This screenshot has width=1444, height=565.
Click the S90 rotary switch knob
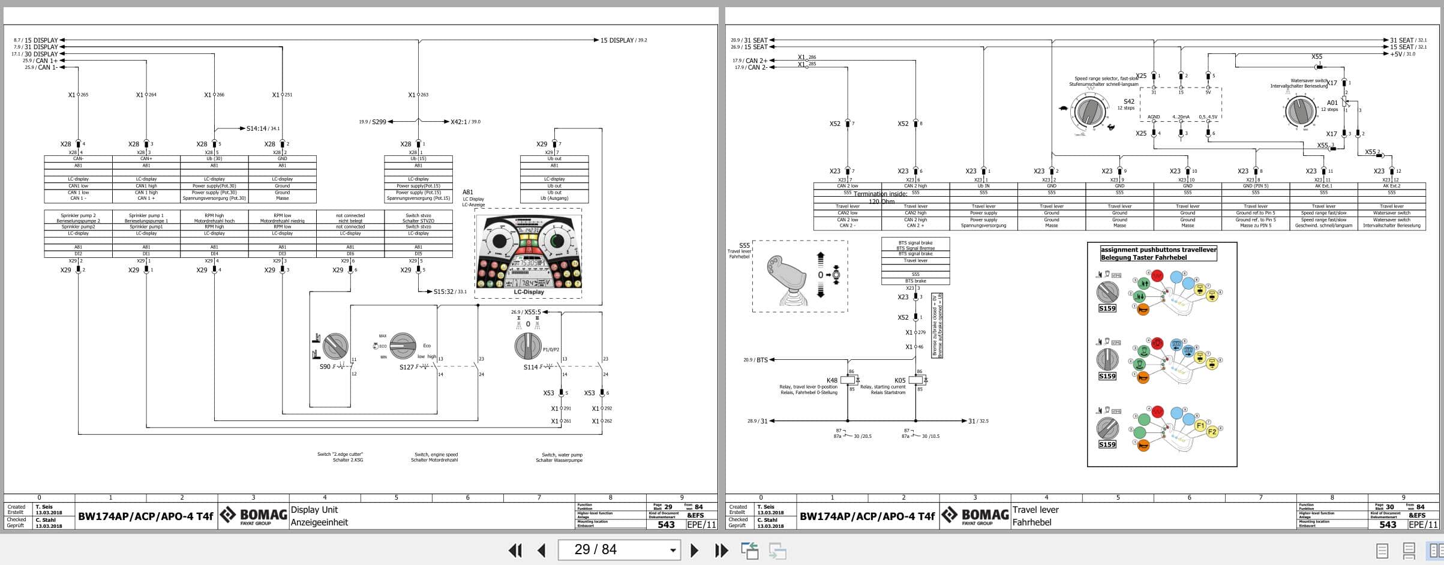tap(335, 346)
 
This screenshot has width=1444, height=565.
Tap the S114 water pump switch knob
tap(528, 346)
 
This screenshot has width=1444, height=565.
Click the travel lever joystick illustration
tap(786, 277)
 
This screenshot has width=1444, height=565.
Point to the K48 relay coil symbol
tap(848, 380)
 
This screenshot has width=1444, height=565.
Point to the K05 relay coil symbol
tap(916, 380)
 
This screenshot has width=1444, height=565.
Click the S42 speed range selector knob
tap(1091, 112)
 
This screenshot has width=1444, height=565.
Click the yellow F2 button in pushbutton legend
tap(1212, 432)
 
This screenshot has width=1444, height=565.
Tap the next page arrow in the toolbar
tap(694, 550)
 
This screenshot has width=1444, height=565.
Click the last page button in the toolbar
tap(721, 550)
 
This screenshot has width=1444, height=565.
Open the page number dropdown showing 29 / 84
tap(673, 550)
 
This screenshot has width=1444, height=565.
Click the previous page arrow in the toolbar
tap(541, 550)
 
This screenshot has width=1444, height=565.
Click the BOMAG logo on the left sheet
tap(253, 515)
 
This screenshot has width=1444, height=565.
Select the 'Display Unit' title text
tap(314, 510)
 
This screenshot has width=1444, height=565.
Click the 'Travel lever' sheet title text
tap(1035, 510)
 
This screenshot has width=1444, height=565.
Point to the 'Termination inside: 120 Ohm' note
tap(881, 197)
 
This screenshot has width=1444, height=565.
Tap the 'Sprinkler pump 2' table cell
tap(78, 215)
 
